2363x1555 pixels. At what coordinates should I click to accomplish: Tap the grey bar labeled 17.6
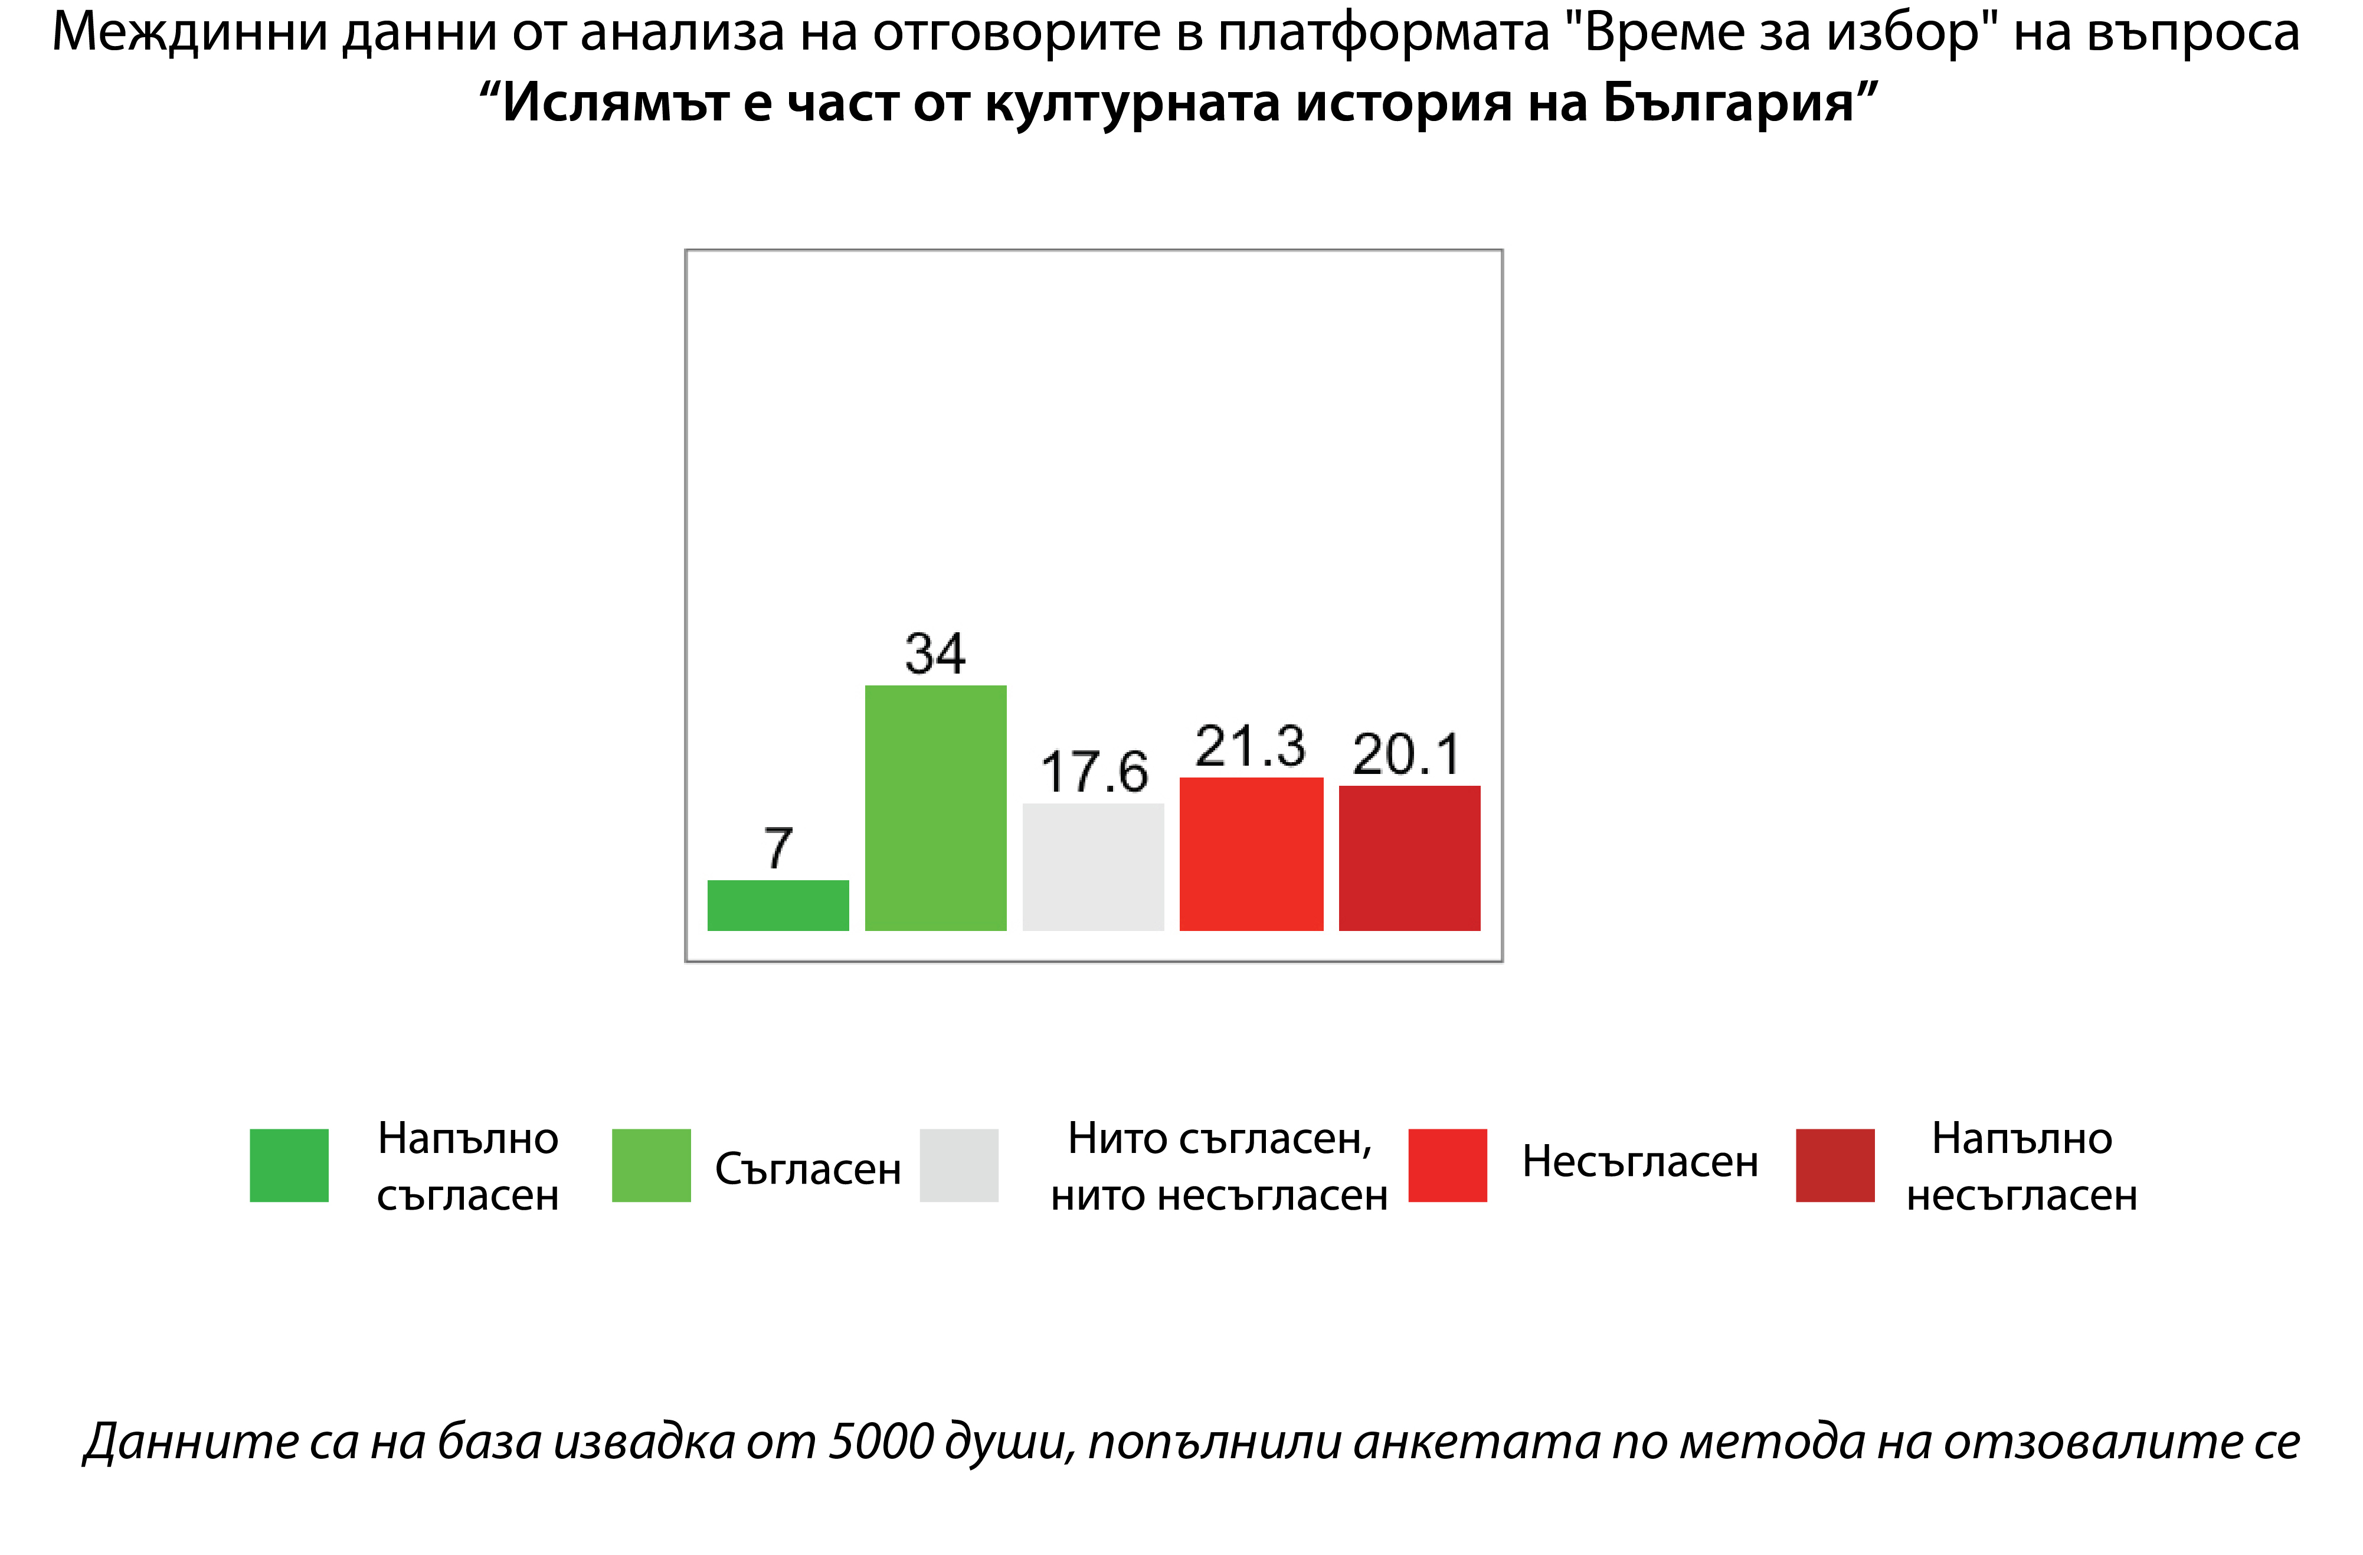click(1092, 866)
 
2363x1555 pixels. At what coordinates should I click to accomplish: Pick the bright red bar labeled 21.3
click(1251, 854)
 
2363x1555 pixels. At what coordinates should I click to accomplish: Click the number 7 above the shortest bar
click(778, 848)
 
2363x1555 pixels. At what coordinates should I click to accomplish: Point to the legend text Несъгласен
click(1639, 1162)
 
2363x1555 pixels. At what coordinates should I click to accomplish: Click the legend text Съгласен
click(807, 1169)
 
